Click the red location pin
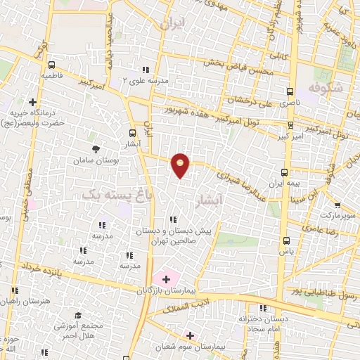tap(181, 165)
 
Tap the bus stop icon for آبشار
tap(133, 132)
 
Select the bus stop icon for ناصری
tap(290, 91)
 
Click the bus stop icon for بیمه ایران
tap(285, 172)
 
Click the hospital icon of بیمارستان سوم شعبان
tap(189, 335)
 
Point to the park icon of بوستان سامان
tap(95, 148)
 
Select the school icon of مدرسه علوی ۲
tap(146, 70)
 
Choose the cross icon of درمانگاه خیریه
tap(33, 101)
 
